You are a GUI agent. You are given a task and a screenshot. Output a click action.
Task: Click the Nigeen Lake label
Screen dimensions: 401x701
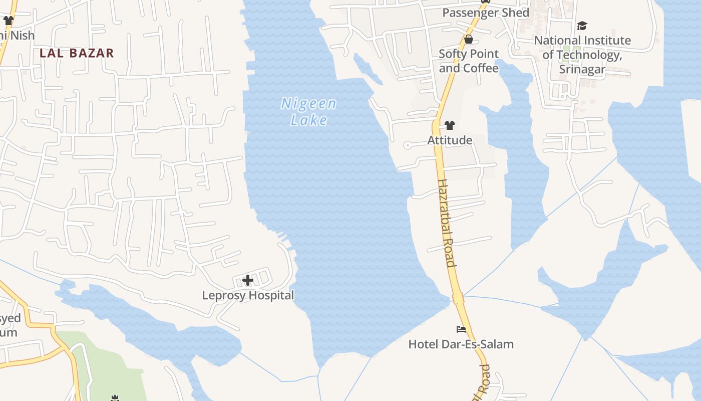point(308,111)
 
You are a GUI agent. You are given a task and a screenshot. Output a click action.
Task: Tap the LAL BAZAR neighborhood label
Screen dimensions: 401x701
point(77,53)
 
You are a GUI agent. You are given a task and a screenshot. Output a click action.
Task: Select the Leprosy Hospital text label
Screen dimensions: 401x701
point(248,295)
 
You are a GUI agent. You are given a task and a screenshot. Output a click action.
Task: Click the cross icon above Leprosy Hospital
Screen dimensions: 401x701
point(248,280)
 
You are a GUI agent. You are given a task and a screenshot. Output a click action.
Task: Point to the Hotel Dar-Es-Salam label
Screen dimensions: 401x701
point(461,344)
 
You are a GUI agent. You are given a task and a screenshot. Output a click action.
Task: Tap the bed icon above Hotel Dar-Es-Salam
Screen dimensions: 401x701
point(461,329)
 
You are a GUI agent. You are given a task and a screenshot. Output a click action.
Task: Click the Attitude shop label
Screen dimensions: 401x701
point(450,140)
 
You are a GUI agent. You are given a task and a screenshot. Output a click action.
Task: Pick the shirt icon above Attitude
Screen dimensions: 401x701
point(450,125)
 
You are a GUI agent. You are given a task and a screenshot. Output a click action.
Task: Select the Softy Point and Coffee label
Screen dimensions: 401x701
point(469,61)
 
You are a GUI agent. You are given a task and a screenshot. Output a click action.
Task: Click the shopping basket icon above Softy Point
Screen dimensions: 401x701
point(469,39)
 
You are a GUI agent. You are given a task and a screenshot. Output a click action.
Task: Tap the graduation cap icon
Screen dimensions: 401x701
point(582,26)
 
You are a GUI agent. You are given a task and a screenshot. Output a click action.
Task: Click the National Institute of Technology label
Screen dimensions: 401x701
point(582,48)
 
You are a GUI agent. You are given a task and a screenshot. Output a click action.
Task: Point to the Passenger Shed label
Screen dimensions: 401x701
point(486,13)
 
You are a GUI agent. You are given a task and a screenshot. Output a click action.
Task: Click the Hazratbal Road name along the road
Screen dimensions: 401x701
point(446,223)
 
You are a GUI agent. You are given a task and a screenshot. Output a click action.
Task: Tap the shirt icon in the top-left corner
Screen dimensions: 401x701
point(8,21)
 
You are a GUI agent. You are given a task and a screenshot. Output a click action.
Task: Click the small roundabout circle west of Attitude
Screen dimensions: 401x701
point(408,145)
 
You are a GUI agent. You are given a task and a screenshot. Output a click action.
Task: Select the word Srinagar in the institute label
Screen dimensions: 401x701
point(582,69)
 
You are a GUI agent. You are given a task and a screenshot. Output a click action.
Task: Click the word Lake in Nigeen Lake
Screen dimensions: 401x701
point(309,120)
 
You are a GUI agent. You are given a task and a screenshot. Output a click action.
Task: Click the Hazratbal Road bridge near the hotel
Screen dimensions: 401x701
point(458,298)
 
